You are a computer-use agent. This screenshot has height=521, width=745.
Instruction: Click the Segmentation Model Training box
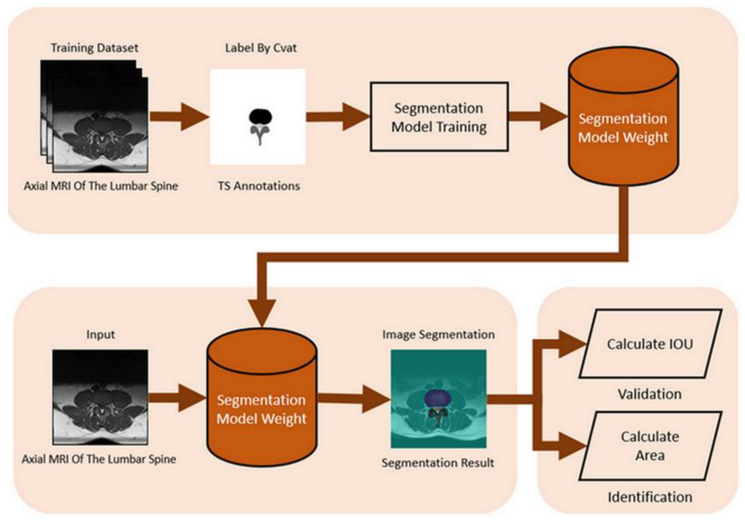click(439, 117)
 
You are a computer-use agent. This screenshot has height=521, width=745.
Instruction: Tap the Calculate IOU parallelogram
click(650, 344)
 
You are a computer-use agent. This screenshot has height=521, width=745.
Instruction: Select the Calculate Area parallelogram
click(650, 446)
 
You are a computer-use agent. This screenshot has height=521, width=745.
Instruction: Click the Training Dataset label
click(94, 48)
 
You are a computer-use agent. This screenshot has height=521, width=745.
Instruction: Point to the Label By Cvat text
click(261, 48)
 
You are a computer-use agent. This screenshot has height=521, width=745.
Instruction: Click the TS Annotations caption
click(259, 186)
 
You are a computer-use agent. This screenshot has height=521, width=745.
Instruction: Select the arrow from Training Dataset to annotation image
click(178, 117)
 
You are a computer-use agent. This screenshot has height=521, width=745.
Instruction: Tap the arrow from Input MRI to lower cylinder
click(177, 398)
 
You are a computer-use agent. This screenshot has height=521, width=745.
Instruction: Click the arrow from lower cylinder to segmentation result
click(354, 399)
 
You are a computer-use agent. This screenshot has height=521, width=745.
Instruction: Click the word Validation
click(650, 394)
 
